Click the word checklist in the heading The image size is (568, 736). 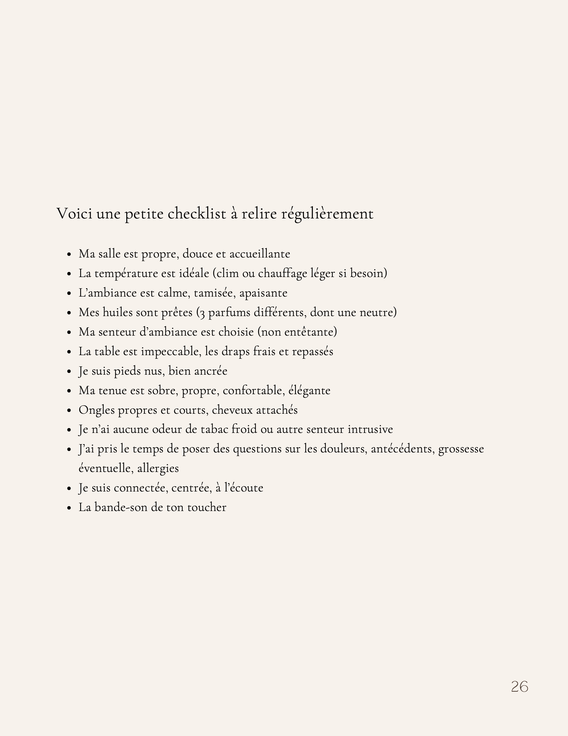197,213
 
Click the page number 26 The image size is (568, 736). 519,686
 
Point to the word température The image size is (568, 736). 126,273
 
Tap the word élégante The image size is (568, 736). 310,390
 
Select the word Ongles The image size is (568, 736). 97,410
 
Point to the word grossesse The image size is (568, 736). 461,449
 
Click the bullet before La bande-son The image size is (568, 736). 69,508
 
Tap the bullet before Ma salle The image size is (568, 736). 69,254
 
